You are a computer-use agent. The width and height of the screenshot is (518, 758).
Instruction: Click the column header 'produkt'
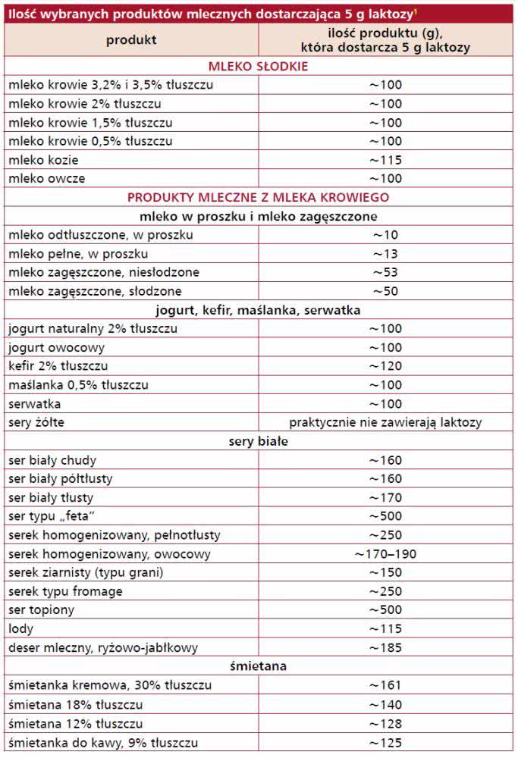pos(131,39)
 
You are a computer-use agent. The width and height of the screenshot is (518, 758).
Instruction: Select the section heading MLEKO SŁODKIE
pos(259,66)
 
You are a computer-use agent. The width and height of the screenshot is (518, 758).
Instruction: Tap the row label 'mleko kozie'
pos(43,160)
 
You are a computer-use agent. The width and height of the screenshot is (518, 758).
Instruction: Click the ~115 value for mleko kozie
pos(385,160)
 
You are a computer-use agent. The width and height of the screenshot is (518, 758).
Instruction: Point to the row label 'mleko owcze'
pos(46,179)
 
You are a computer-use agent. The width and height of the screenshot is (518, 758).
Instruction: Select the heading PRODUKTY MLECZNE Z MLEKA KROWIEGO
pos(259,197)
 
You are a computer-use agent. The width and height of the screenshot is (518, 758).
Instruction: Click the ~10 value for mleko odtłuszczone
pos(385,235)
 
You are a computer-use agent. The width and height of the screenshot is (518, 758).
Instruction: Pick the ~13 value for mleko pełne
pos(385,254)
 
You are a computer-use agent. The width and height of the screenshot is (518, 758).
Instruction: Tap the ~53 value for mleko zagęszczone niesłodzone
pos(385,272)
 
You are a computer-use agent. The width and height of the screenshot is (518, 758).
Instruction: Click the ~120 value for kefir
pos(385,366)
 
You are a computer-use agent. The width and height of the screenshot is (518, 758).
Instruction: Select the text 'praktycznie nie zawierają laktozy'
pos(385,422)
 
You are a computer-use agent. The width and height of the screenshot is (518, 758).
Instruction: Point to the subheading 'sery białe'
pos(259,441)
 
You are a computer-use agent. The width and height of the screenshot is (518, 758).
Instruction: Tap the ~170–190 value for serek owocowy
pos(385,554)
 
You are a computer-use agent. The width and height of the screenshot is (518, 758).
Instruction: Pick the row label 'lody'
pos(21,629)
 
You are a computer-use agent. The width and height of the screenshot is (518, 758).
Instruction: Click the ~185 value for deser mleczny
pos(385,648)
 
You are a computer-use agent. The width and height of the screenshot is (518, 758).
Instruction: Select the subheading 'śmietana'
pos(259,666)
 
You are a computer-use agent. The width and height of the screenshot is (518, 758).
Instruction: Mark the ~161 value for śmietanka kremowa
pos(385,685)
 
